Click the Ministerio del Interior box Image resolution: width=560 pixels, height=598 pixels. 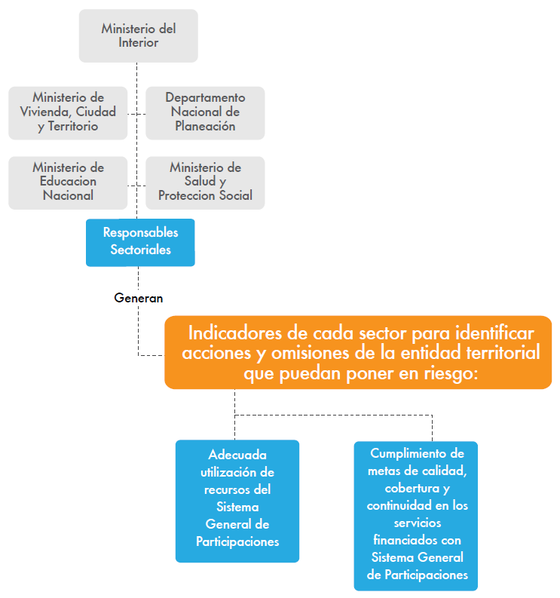(138, 35)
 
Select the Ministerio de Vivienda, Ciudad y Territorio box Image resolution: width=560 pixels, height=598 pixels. (68, 112)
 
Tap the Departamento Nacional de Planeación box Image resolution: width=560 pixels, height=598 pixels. (205, 112)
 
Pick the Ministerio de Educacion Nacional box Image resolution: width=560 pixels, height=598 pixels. (68, 182)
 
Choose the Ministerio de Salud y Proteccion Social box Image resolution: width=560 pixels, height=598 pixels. (205, 182)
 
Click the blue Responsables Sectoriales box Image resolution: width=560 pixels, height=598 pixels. (140, 241)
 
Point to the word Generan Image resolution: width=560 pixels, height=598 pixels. (139, 298)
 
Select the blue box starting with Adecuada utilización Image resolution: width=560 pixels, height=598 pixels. (237, 500)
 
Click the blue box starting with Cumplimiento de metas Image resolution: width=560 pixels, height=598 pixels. (417, 514)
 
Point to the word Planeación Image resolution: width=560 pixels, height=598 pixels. (205, 127)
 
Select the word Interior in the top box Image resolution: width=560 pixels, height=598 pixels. (139, 43)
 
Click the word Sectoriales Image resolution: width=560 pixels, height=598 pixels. (140, 250)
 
